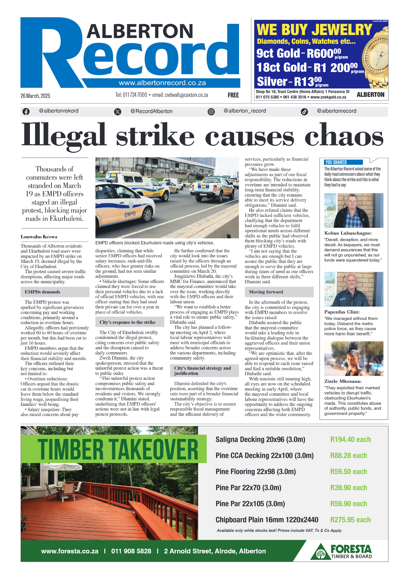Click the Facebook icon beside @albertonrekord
[x=26, y=111]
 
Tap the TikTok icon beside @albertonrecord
[x=304, y=112]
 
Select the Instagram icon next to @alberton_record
[x=211, y=112]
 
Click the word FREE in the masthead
[x=233, y=95]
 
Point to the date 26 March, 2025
[x=35, y=96]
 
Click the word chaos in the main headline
[x=344, y=135]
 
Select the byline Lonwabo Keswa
[x=39, y=237]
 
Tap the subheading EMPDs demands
[x=42, y=292]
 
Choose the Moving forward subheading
[x=266, y=292]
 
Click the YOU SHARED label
[x=336, y=162]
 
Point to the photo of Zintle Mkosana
[x=354, y=358]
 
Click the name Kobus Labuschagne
[x=348, y=233]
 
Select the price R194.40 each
[x=350, y=439]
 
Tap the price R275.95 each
[x=350, y=520]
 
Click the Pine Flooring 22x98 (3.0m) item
[x=255, y=471]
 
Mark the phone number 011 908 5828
[x=131, y=551]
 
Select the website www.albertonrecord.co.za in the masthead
[x=162, y=83]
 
